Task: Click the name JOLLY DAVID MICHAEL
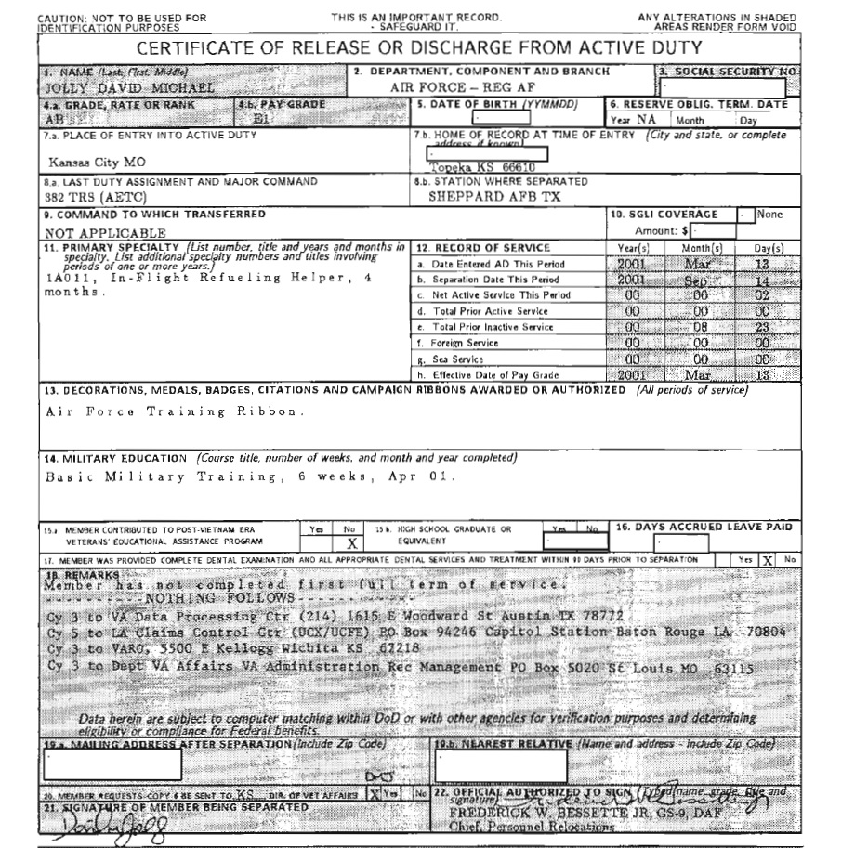[117, 88]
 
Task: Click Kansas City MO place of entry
[96, 162]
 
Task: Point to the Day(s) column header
[768, 248]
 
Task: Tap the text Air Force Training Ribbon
[175, 411]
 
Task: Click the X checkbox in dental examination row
[768, 560]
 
